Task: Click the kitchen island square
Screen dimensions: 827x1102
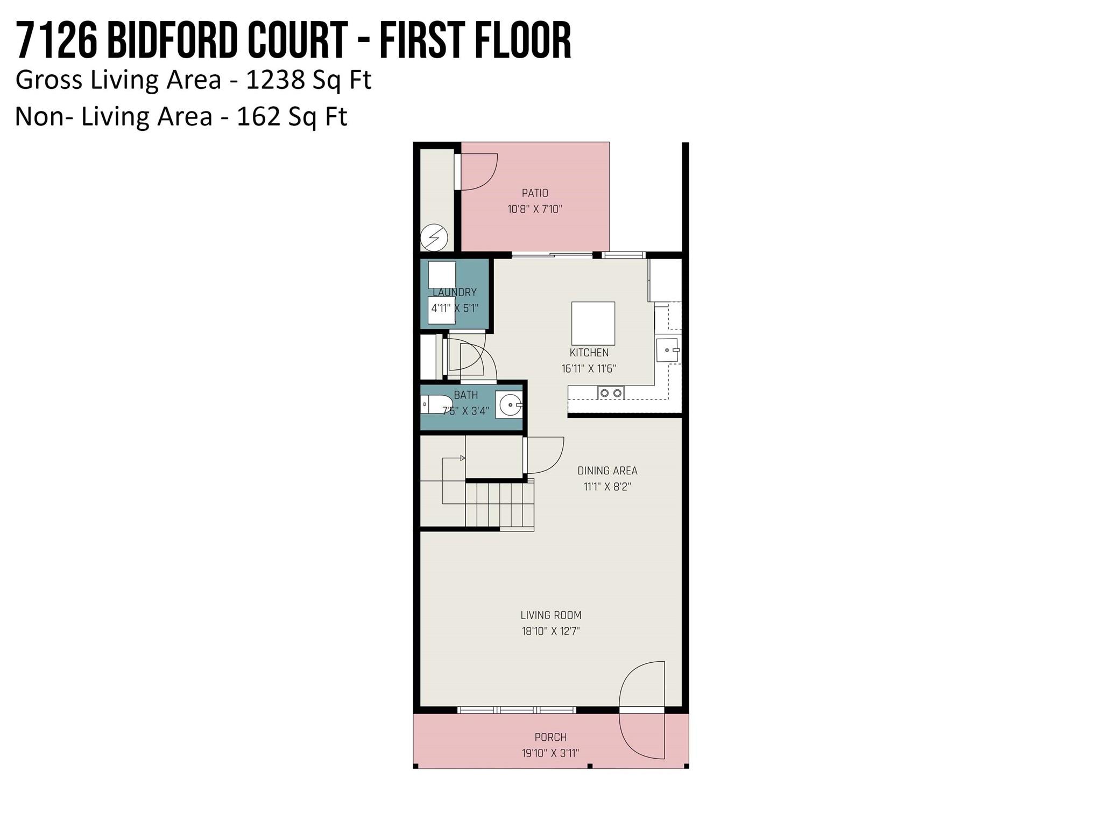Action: point(593,323)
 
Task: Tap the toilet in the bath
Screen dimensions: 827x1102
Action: point(436,404)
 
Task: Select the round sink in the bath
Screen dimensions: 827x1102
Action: point(508,405)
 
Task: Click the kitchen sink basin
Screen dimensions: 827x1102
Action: point(668,350)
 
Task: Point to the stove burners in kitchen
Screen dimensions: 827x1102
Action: point(611,393)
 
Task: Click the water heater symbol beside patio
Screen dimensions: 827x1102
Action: point(434,237)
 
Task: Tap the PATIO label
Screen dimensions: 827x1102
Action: point(535,193)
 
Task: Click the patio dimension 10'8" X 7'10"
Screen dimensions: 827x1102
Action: point(535,209)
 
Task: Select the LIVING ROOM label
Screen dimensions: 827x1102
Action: point(550,615)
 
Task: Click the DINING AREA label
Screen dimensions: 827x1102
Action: point(607,471)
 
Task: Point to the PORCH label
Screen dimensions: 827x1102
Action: point(550,737)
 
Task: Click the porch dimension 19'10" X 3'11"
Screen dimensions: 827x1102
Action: point(550,753)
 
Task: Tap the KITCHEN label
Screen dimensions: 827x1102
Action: point(589,353)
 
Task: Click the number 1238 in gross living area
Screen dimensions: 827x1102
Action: point(275,80)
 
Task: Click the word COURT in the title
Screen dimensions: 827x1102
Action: point(297,41)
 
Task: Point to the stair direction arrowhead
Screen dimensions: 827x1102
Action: point(463,458)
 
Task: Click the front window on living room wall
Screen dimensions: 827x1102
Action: point(517,710)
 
